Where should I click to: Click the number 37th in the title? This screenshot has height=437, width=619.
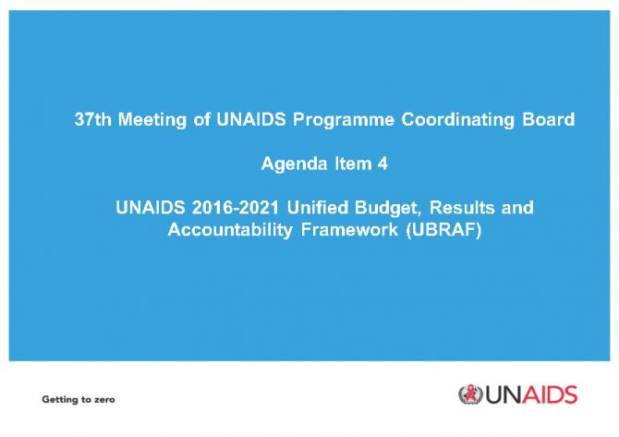tap(92, 119)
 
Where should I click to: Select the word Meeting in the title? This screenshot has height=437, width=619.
tap(152, 120)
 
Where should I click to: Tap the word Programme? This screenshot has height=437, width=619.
tap(344, 120)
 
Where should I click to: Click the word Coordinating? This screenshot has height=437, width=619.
tap(458, 120)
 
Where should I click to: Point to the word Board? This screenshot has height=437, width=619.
tap(549, 119)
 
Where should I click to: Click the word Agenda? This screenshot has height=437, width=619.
tap(294, 164)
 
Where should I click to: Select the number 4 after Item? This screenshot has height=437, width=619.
tap(382, 164)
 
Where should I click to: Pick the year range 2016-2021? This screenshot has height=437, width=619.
tap(236, 207)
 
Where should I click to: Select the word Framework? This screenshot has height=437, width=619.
tap(349, 229)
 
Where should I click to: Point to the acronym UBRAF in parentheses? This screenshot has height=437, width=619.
tap(443, 229)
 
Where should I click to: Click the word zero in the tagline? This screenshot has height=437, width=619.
tap(104, 399)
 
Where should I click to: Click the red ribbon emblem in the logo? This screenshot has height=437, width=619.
tap(470, 395)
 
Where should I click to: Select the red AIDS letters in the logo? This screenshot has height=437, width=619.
tap(552, 395)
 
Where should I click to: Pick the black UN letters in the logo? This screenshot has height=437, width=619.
tap(505, 395)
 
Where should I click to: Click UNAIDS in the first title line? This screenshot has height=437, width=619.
tap(250, 119)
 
